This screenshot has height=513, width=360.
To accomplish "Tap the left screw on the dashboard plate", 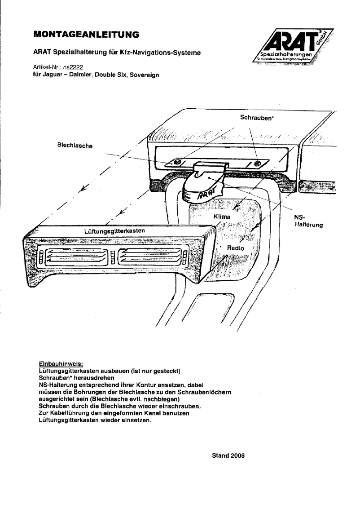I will coord(178,161).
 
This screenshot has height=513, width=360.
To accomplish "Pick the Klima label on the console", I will coord(222,217).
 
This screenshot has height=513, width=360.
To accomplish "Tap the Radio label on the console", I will coord(235,248).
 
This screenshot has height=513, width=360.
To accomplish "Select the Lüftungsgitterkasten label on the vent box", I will coord(114,231).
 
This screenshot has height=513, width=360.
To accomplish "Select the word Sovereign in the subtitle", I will coord(143,75).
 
